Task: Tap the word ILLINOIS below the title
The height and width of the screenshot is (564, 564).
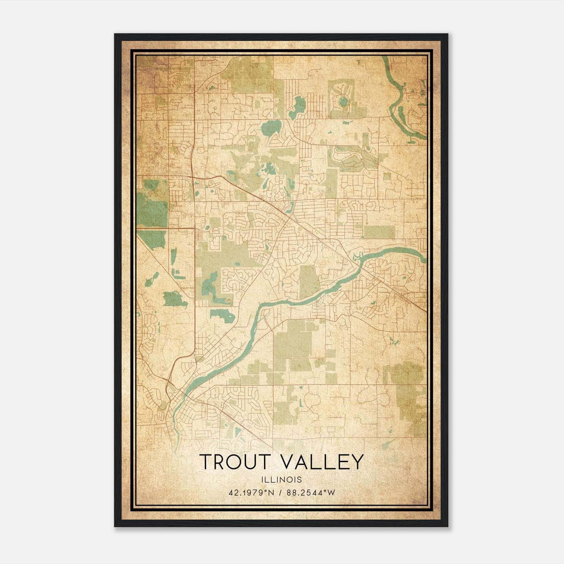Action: (x=282, y=480)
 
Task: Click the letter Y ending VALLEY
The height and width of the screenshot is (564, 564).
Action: (x=357, y=462)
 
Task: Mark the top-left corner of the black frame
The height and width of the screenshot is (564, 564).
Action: (x=115, y=34)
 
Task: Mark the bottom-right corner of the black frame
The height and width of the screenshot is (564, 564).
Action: (x=448, y=527)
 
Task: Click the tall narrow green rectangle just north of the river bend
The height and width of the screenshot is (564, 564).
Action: (x=308, y=282)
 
